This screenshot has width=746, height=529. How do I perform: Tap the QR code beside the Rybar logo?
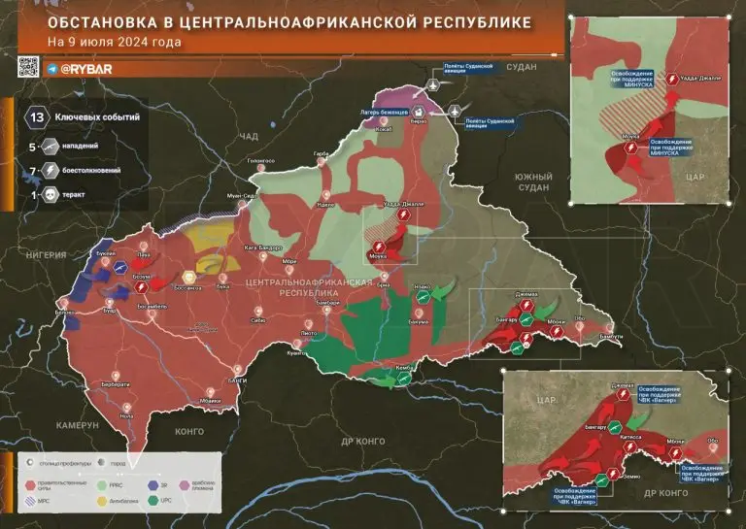[x=28, y=67]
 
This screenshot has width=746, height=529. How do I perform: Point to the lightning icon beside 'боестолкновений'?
[x=49, y=171]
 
